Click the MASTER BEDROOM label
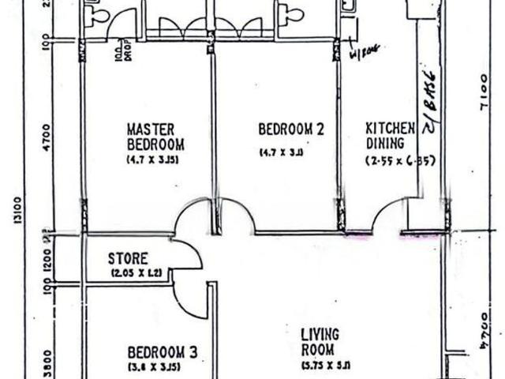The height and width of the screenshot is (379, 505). (155, 136)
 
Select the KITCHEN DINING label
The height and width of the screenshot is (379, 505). (389, 136)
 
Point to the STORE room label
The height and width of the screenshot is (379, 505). (128, 259)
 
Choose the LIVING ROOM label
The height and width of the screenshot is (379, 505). (320, 342)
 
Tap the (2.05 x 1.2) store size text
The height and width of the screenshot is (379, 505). (138, 274)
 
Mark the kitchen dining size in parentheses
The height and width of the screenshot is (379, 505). (400, 160)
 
